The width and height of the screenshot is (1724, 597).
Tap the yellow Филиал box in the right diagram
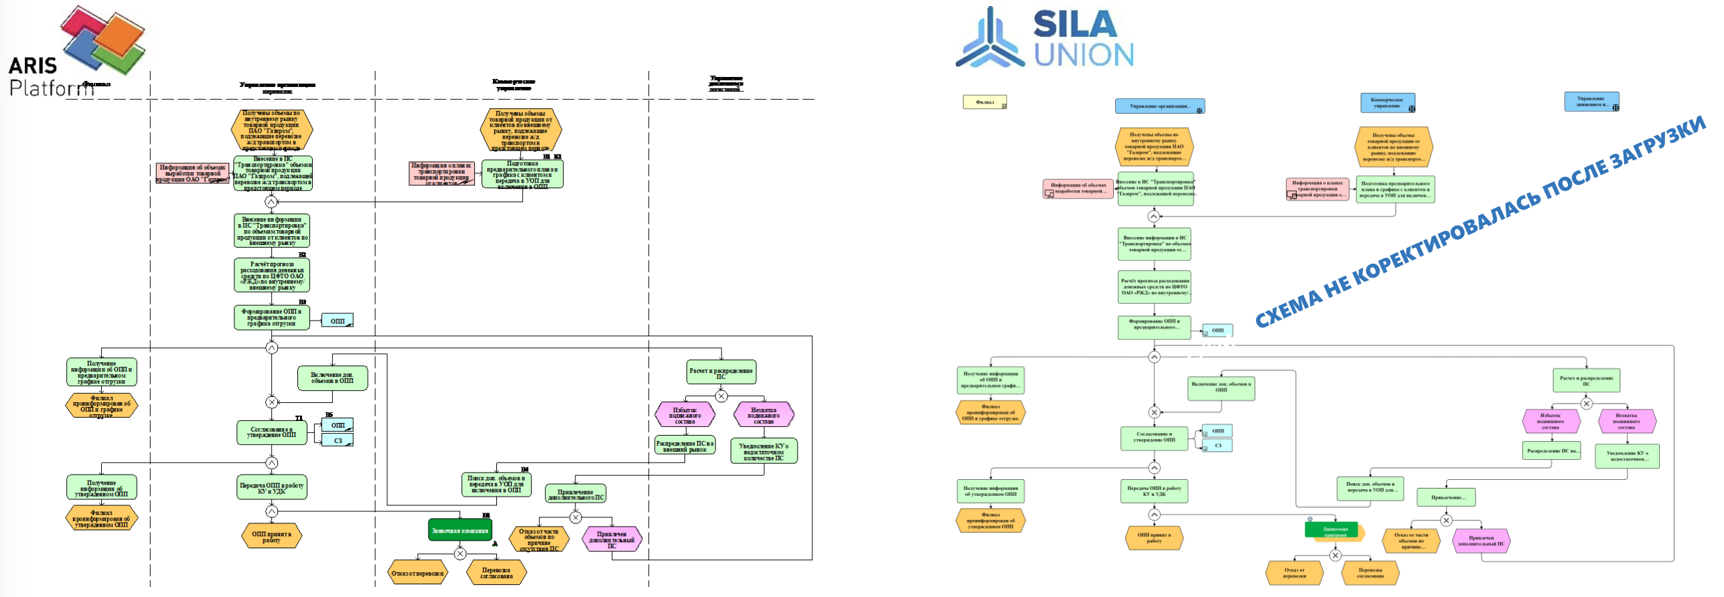click(x=985, y=102)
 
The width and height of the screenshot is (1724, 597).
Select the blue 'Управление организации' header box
click(x=1159, y=106)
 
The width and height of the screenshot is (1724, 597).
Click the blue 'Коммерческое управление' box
click(x=1387, y=102)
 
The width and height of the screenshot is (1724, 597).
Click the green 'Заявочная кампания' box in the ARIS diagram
click(x=460, y=530)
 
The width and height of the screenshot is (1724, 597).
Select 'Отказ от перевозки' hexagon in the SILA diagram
click(x=1294, y=573)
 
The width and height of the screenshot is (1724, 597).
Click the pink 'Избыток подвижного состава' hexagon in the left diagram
click(x=685, y=415)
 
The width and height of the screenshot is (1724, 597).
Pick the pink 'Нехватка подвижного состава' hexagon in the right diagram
click(x=1626, y=421)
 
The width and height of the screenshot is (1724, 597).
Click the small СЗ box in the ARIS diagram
click(x=338, y=440)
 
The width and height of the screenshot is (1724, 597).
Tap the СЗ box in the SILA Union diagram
click(x=1218, y=445)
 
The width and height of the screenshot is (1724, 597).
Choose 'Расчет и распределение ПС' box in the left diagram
click(x=721, y=373)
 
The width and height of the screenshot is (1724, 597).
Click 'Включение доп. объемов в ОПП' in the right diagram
click(x=1221, y=388)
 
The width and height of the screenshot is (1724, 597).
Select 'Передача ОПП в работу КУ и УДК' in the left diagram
click(x=271, y=488)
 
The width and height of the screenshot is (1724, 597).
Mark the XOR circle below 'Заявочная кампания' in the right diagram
click(x=1335, y=556)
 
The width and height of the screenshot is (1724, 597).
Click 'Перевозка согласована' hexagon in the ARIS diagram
click(x=496, y=573)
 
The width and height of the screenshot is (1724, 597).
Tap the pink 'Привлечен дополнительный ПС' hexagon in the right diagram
click(x=1481, y=541)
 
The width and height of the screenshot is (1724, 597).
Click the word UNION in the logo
click(x=1084, y=55)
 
